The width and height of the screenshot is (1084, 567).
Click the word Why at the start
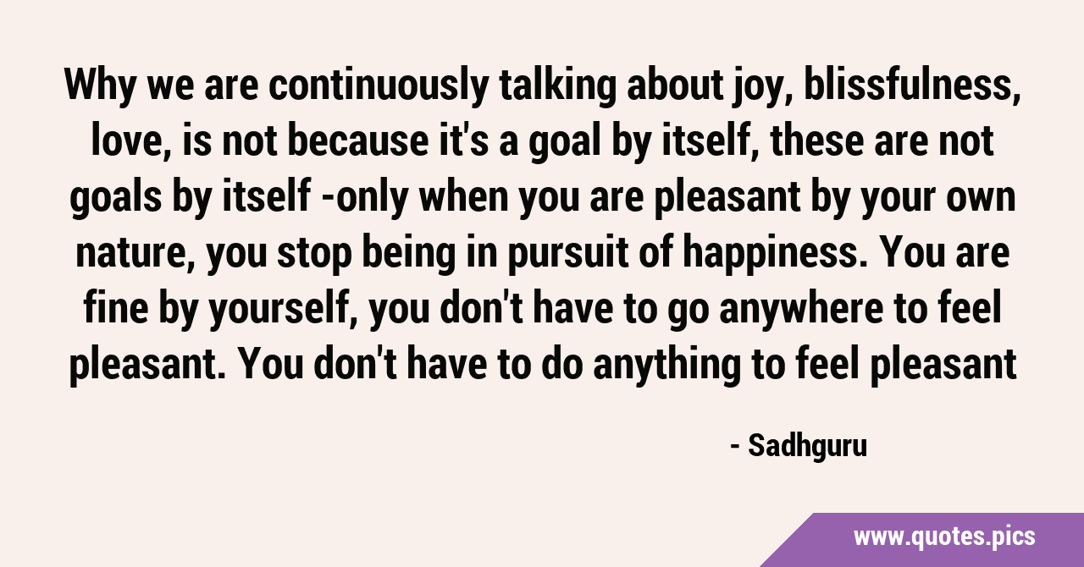click(x=100, y=86)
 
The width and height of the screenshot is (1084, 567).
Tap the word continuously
click(x=379, y=86)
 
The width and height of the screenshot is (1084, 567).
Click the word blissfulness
click(x=913, y=85)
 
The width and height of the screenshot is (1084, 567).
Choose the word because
click(x=358, y=141)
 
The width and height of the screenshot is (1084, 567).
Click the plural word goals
click(x=116, y=198)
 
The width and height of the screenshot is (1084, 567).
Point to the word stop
click(x=314, y=255)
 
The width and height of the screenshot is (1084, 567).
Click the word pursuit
click(x=567, y=255)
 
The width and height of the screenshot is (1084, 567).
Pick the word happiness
click(x=771, y=254)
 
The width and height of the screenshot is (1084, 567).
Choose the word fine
click(x=116, y=309)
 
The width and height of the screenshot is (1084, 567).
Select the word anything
click(x=666, y=366)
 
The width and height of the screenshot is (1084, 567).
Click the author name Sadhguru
click(x=808, y=446)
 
